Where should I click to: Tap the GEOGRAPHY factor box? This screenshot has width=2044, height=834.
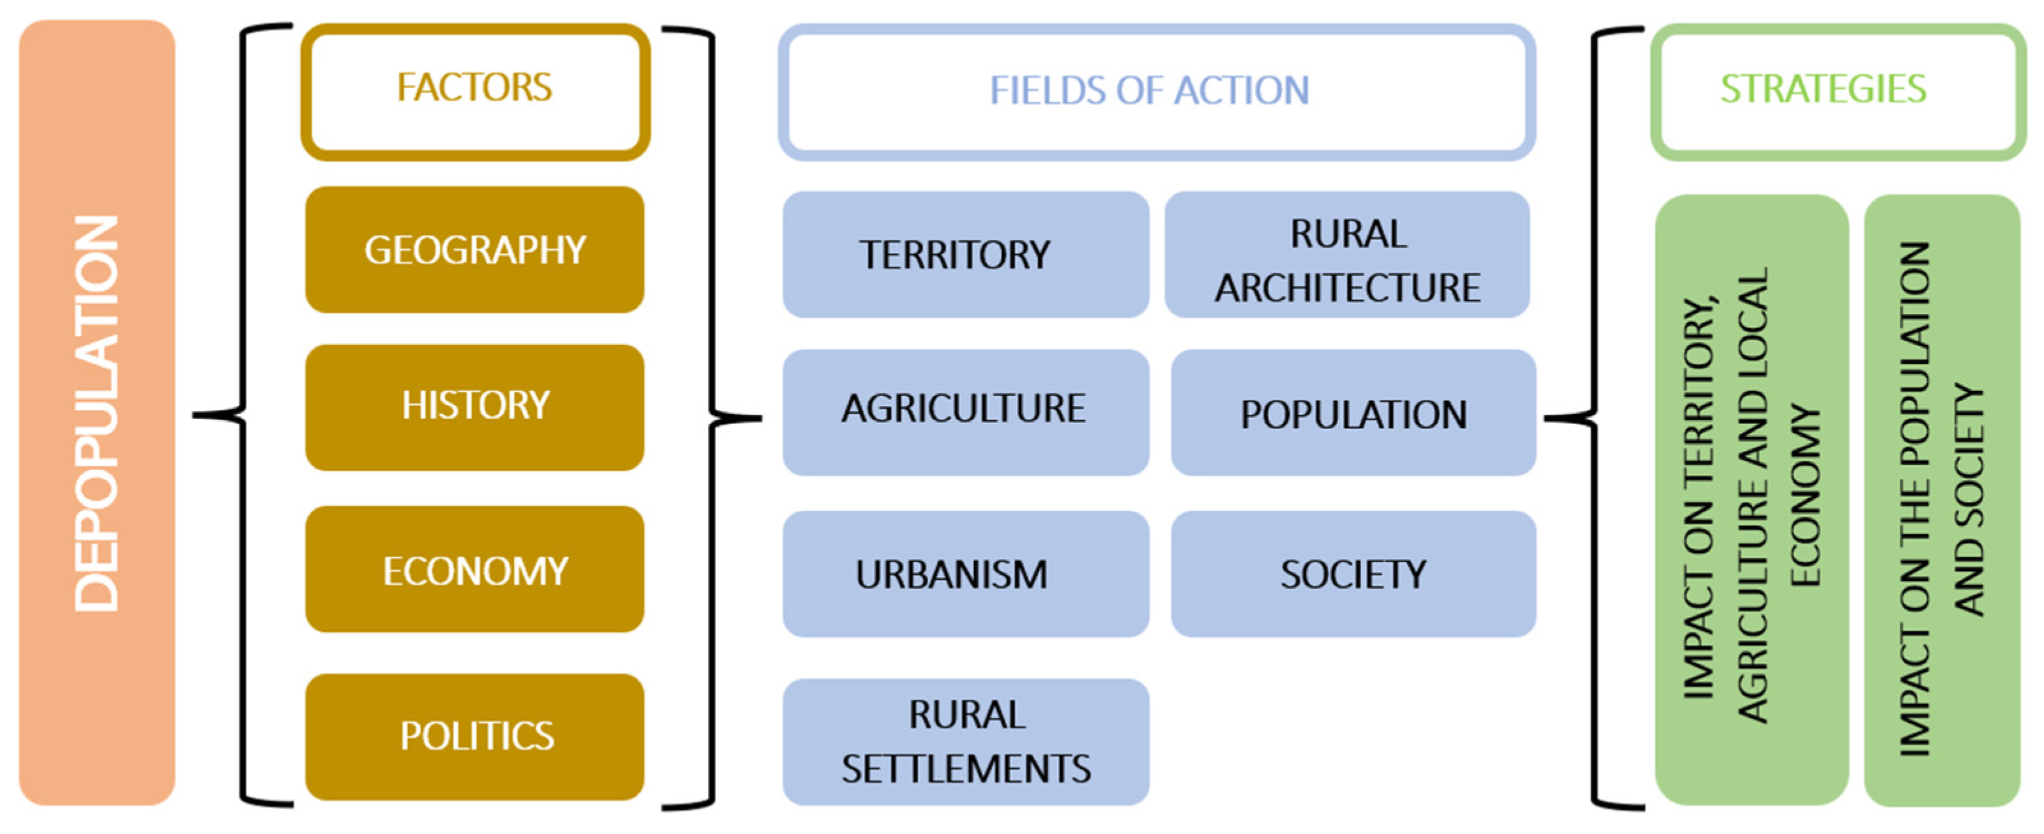pyautogui.click(x=475, y=250)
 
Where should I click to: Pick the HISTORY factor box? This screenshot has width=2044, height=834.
pyautogui.click(x=475, y=406)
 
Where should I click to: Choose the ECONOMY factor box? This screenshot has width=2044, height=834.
pyautogui.click(x=475, y=570)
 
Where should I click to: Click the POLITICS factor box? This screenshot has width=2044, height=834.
pyautogui.click(x=475, y=736)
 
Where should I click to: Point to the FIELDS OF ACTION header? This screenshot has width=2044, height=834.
pyautogui.click(x=1155, y=91)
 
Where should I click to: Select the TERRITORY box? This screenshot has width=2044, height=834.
pyautogui.click(x=965, y=255)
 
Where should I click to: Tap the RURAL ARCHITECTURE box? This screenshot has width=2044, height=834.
pyautogui.click(x=1346, y=255)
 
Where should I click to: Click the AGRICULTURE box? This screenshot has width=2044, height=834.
pyautogui.click(x=965, y=412)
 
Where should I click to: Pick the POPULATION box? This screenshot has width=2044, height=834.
pyautogui.click(x=1353, y=413)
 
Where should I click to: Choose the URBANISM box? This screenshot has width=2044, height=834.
pyautogui.click(x=965, y=573)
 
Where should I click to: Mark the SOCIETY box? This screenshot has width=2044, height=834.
pyautogui.click(x=1353, y=573)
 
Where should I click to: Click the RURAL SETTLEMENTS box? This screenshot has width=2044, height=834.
pyautogui.click(x=965, y=742)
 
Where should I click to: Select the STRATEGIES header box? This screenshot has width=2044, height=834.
pyautogui.click(x=1838, y=91)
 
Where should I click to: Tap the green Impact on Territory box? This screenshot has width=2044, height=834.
pyautogui.click(x=1751, y=500)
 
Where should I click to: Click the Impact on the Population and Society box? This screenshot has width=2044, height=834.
pyautogui.click(x=1941, y=500)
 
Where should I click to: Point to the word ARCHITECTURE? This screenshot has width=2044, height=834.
pyautogui.click(x=1346, y=287)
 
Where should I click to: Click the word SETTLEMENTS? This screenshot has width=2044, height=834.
pyautogui.click(x=966, y=769)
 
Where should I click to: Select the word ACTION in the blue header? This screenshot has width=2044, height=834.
pyautogui.click(x=1241, y=91)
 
